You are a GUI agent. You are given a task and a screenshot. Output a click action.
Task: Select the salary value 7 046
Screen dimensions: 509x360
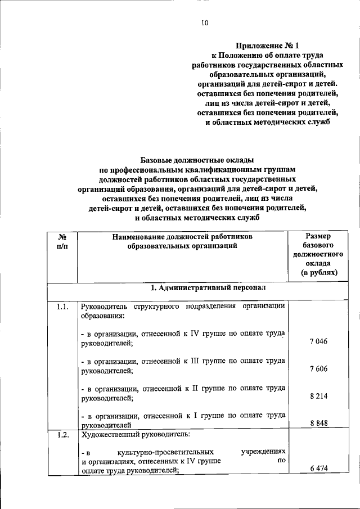(318, 342)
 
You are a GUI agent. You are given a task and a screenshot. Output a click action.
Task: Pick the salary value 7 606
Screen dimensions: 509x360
(318, 368)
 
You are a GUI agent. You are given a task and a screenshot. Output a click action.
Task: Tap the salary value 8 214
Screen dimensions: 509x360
(318, 397)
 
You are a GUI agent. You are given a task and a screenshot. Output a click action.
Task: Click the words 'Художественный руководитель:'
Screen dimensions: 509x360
(127, 435)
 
